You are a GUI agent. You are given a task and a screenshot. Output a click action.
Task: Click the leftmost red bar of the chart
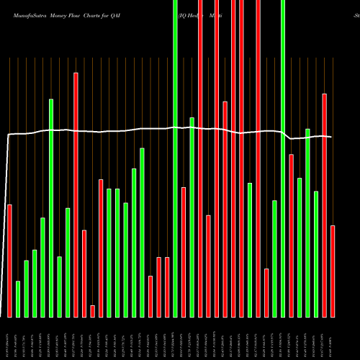9,261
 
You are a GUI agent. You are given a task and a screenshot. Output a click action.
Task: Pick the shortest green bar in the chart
18,299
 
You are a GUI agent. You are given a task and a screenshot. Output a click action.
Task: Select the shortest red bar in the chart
92,311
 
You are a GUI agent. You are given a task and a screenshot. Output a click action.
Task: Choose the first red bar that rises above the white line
76,194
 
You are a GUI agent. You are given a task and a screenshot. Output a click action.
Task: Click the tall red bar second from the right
324,205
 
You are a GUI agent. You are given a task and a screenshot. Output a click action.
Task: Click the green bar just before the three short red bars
142,232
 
